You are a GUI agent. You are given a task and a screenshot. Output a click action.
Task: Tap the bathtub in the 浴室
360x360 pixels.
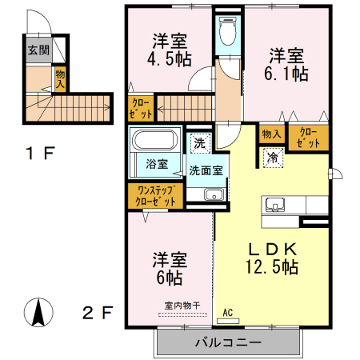pyautogui.click(x=155, y=140)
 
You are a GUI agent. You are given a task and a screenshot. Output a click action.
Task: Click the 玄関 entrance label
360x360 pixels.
pyautogui.click(x=39, y=50)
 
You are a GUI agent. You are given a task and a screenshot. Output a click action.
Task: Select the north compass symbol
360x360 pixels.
pyautogui.click(x=38, y=312)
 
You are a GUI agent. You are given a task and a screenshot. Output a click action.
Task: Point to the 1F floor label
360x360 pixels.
pyautogui.click(x=40, y=153)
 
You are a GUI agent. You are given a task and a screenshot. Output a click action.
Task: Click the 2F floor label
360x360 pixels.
pyautogui.click(x=98, y=313)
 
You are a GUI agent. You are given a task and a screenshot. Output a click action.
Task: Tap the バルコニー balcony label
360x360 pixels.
pyautogui.click(x=228, y=342)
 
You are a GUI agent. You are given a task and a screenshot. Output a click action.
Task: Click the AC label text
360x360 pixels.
pyautogui.click(x=228, y=313)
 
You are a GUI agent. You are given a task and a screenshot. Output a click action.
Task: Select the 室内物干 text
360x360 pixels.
pyautogui.click(x=182, y=306)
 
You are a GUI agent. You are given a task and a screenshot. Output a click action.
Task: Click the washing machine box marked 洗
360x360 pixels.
pyautogui.click(x=200, y=143)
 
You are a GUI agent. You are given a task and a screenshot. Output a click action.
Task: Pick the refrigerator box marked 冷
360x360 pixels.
pyautogui.click(x=273, y=158)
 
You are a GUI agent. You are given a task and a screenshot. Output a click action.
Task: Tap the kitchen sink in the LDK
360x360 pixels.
pyautogui.click(x=274, y=205)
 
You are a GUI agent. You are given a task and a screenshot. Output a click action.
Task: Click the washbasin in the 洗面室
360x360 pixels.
pyautogui.click(x=214, y=194)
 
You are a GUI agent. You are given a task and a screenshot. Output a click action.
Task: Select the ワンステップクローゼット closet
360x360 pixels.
pyautogui.click(x=155, y=196)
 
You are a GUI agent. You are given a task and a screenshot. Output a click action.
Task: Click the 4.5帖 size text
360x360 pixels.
pyautogui.click(x=170, y=58)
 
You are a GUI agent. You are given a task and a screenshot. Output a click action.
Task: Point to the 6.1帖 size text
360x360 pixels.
pyautogui.click(x=286, y=74)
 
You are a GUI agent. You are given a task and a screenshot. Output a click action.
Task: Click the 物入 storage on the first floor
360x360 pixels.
pyautogui.click(x=60, y=79)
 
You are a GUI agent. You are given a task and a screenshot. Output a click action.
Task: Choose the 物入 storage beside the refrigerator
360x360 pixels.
pyautogui.click(x=271, y=134)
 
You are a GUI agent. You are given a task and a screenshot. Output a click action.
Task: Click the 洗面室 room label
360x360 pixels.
pyautogui.click(x=206, y=170)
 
